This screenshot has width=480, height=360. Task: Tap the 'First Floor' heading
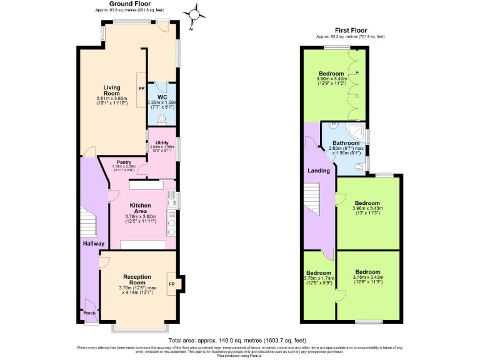tap(350, 30)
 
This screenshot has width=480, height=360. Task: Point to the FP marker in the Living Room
tap(141, 89)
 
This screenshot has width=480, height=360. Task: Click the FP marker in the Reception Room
tap(172, 283)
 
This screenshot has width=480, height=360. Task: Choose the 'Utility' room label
tap(162, 143)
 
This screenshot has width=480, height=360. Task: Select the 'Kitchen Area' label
tap(140, 209)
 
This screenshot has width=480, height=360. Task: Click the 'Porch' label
tap(90, 314)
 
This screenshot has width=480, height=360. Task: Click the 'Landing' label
tap(319, 170)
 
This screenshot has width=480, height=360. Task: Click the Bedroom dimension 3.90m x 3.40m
tap(332, 79)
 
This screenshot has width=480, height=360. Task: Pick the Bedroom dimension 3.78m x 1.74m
tap(319, 279)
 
